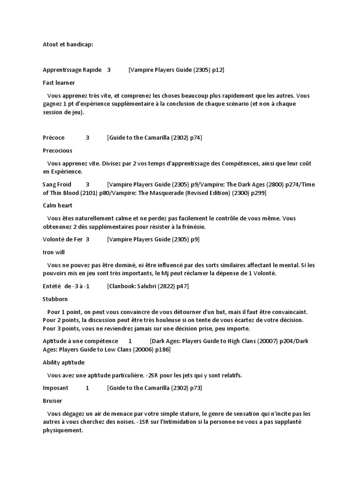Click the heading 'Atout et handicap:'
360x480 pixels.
(68, 45)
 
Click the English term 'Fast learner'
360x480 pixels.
(59, 82)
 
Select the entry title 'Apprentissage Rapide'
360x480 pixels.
(72, 70)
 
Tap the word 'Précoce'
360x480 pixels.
(54, 138)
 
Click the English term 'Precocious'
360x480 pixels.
(57, 150)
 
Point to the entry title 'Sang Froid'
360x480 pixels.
(57, 184)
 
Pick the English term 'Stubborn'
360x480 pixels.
(55, 299)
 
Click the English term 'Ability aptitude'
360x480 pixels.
(63, 362)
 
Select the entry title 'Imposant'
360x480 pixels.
(55, 388)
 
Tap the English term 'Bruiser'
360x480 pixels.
(52, 401)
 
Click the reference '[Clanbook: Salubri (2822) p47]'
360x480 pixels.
(148, 286)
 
